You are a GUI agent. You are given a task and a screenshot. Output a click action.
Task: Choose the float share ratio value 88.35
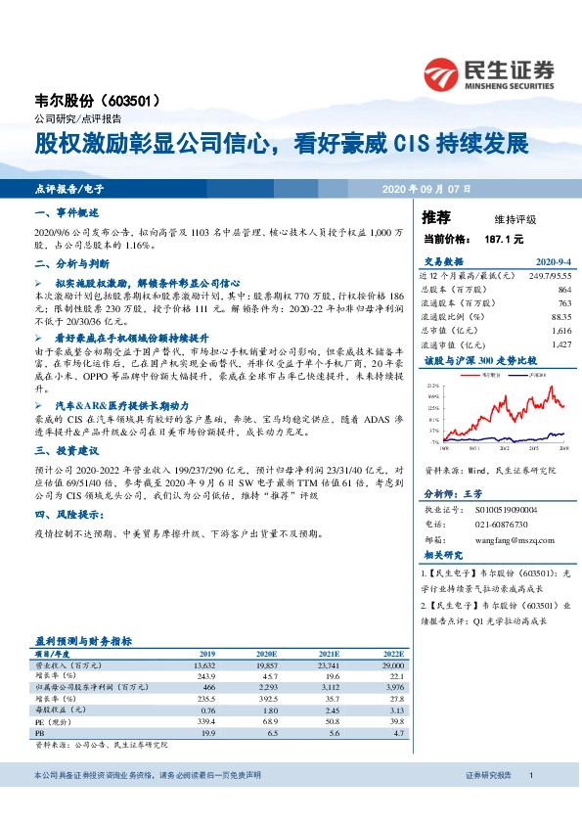tap(560, 317)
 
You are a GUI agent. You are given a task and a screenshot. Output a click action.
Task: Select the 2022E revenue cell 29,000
tap(391, 664)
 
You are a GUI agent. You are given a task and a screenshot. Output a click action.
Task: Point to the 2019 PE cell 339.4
tap(204, 720)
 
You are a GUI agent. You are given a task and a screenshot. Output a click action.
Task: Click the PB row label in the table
tap(40, 731)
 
